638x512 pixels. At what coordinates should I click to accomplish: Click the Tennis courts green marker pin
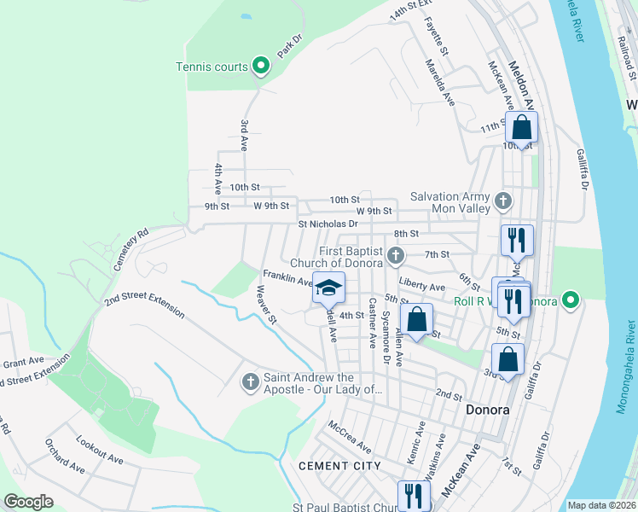coord(261,67)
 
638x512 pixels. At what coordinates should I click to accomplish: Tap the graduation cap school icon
coord(328,288)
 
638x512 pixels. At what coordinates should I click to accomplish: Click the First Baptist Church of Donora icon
coord(395,255)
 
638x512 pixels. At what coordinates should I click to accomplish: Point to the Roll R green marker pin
coord(571,300)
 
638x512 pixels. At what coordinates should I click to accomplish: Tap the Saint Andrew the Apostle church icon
coord(250,381)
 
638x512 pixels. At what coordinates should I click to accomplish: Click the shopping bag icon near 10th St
coord(521,129)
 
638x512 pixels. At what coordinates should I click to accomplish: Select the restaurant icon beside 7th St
coord(516,240)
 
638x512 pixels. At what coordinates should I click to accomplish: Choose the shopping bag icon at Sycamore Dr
coord(416,320)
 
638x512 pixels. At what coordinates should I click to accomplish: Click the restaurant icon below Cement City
coord(414,495)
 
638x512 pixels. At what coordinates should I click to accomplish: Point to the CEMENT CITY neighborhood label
coord(335,466)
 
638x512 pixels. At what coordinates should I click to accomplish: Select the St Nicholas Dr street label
coord(328,224)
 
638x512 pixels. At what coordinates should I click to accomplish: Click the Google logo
coord(28,502)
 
